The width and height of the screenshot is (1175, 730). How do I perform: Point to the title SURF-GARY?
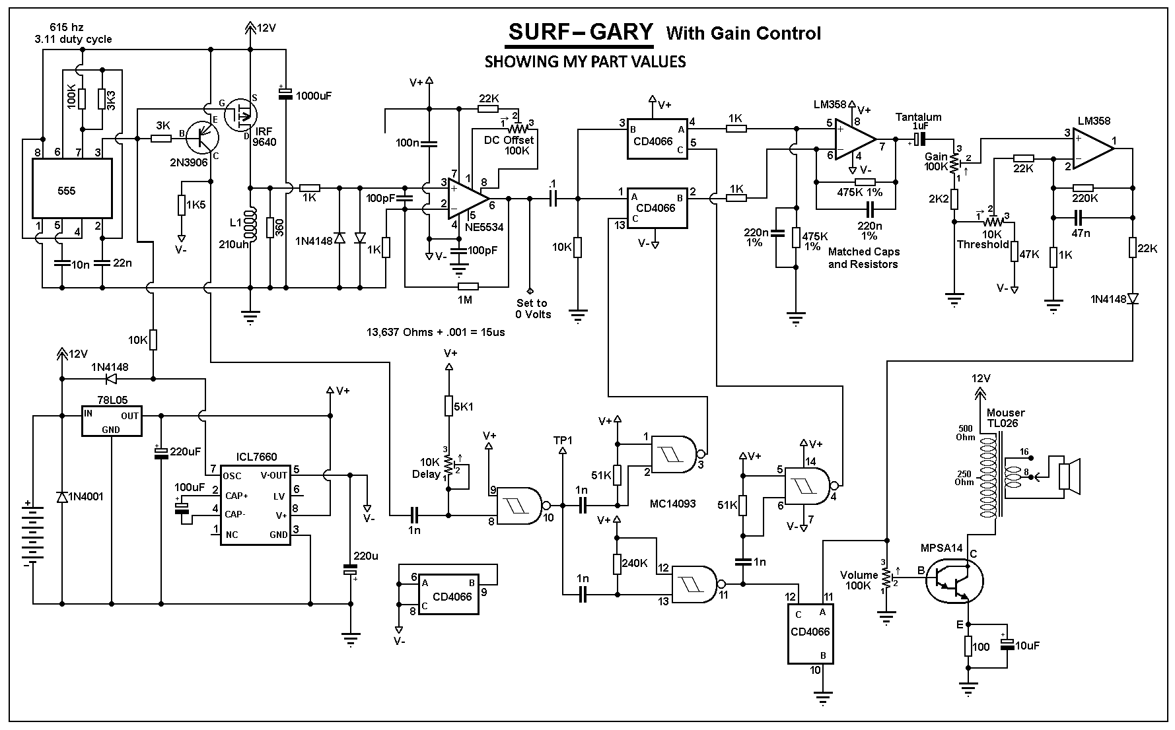(580, 32)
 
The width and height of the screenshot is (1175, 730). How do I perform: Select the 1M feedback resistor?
(468, 287)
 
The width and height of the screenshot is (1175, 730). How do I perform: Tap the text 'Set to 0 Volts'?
(532, 308)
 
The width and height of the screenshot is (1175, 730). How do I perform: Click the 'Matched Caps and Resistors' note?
(863, 257)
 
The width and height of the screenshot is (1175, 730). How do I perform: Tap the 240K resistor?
(618, 563)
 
